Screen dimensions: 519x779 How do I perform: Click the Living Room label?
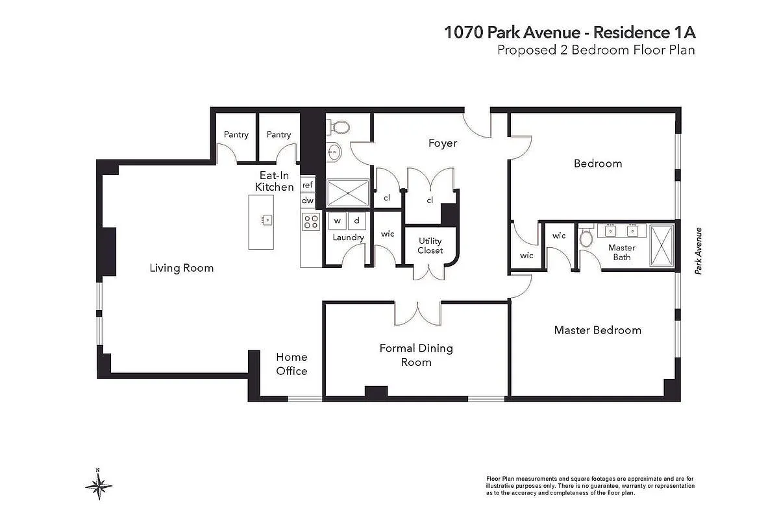[181, 268]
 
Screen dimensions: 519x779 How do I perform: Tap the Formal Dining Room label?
[416, 356]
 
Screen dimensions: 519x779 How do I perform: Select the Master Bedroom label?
[597, 330]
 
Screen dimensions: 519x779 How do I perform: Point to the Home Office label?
[291, 364]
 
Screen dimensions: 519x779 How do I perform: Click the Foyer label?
[443, 143]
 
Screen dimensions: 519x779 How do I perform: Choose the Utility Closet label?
[430, 246]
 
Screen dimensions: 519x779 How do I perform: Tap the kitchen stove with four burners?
[311, 222]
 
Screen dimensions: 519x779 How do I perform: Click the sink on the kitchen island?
[266, 220]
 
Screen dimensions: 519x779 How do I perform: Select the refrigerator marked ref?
[308, 185]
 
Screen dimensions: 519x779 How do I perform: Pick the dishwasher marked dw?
[308, 201]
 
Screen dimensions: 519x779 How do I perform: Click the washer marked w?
[338, 221]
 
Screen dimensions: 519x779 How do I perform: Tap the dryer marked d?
[356, 221]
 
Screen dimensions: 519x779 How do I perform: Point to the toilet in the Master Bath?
[586, 238]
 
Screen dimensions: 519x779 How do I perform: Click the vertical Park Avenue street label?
[699, 251]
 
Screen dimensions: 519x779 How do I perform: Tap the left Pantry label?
[236, 135]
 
